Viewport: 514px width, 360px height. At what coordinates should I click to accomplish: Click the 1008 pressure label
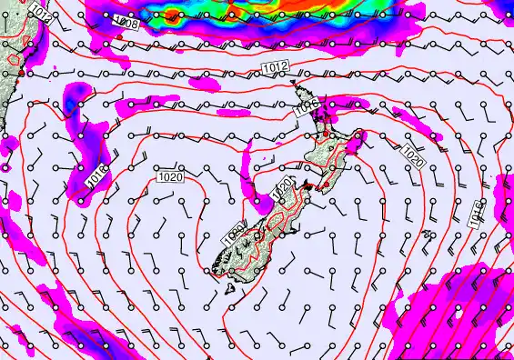coord(127,25)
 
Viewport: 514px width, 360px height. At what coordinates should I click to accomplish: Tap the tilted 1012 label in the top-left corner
coord(40,11)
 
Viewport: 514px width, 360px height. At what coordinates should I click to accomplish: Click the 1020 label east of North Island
coord(412,158)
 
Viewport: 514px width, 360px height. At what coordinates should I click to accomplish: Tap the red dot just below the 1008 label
coord(119,37)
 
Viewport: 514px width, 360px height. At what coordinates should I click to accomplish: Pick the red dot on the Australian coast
coord(22,70)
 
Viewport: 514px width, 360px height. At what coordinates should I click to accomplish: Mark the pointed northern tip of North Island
coord(292,85)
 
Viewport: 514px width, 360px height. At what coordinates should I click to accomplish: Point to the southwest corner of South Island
coord(215,270)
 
